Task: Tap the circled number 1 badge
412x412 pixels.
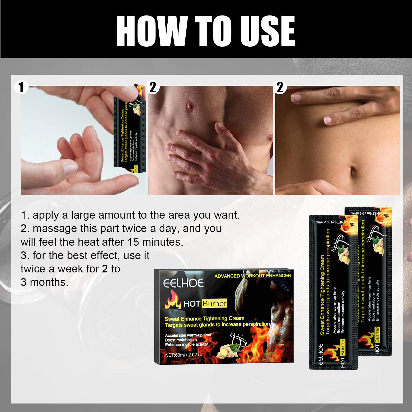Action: click(21, 87)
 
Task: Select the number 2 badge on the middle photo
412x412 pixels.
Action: click(153, 87)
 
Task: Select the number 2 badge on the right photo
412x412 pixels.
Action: click(280, 87)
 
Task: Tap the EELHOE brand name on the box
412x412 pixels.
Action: click(183, 284)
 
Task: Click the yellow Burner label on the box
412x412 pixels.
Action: click(214, 303)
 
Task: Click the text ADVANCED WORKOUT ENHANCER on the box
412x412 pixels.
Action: click(253, 276)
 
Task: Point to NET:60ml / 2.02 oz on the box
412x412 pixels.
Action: click(184, 355)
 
